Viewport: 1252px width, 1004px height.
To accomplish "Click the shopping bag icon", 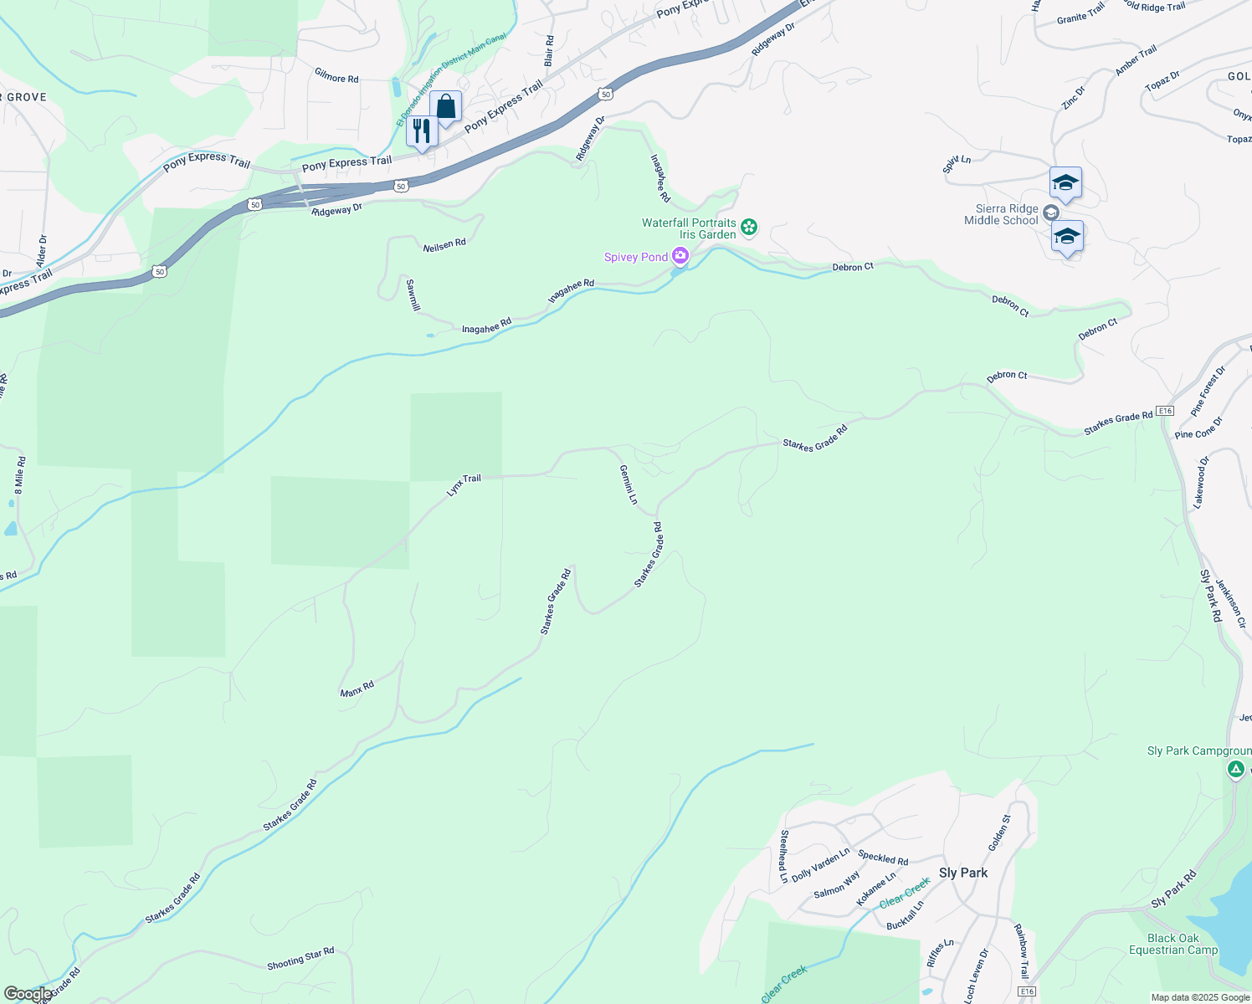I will coord(445,107).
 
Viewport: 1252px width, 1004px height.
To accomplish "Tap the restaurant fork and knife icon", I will coord(422,131).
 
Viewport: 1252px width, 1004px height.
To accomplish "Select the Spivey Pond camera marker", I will coord(680,256).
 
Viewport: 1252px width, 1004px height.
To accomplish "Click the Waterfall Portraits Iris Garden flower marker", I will coord(749,227).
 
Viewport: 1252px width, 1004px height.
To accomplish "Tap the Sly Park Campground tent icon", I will coord(1235,768).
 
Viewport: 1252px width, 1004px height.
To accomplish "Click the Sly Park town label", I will coord(962,873).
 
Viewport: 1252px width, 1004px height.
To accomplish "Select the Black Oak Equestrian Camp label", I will coord(1172,944).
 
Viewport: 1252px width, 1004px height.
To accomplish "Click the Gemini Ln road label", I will coord(629,485).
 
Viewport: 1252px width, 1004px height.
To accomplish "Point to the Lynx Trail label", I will coord(464,485).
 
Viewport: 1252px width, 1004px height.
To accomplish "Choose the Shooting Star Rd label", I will coord(300,959).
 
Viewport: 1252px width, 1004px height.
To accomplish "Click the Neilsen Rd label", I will coord(444,244).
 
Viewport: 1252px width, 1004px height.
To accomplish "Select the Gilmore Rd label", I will coord(336,76).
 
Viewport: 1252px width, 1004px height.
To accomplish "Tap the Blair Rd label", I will coord(549,51).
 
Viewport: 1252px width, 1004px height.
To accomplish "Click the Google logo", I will coord(27,994).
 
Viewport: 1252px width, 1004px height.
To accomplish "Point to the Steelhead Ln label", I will coord(784,856).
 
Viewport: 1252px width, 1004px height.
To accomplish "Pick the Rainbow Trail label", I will coord(1021,951).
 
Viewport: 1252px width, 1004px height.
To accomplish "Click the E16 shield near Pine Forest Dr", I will coord(1165,411).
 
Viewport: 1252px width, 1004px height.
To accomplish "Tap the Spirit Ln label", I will coord(957,164).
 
